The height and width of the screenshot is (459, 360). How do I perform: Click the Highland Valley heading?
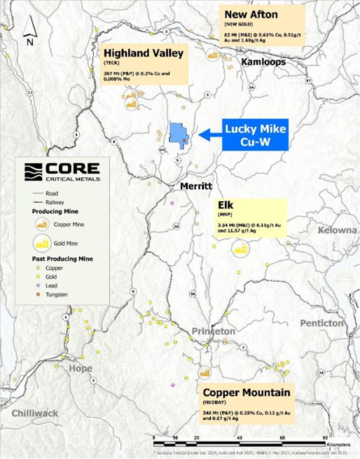click(143, 53)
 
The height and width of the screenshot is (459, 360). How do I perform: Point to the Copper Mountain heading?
click(247, 392)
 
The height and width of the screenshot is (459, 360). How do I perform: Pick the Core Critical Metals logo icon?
click(34, 172)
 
